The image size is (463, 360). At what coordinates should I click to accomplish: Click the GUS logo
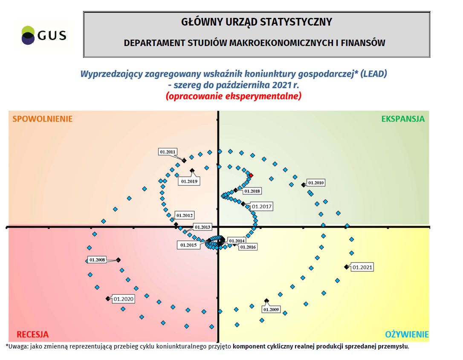pyautogui.click(x=43, y=35)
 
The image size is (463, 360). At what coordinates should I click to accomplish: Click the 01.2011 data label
pyautogui.click(x=168, y=152)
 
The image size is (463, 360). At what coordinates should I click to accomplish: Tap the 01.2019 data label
pyautogui.click(x=189, y=181)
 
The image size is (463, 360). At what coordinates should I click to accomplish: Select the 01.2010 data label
pyautogui.click(x=316, y=183)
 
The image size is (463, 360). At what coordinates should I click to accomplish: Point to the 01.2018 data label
pyautogui.click(x=252, y=191)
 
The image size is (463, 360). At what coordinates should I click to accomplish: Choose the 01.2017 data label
pyautogui.click(x=261, y=207)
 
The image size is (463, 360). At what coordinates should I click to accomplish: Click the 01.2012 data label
pyautogui.click(x=185, y=216)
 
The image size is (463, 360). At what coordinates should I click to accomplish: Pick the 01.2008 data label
pyautogui.click(x=97, y=260)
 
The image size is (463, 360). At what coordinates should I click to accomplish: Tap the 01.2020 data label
pyautogui.click(x=124, y=299)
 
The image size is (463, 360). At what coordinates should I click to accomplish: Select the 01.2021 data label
pyautogui.click(x=362, y=268)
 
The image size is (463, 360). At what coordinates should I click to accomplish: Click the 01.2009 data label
pyautogui.click(x=271, y=310)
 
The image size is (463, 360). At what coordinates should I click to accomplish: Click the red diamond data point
pyautogui.click(x=251, y=176)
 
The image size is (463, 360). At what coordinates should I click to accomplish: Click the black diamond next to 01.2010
pyautogui.click(x=303, y=184)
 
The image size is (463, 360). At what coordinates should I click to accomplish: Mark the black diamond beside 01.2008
pyautogui.click(x=119, y=260)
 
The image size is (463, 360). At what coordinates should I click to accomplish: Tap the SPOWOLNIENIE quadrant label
pyautogui.click(x=42, y=119)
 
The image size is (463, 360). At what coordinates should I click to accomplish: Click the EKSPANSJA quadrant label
pyautogui.click(x=403, y=119)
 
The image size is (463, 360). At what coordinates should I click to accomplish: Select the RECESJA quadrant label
pyautogui.click(x=32, y=334)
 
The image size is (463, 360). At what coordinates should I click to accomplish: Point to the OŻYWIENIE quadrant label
pyautogui.click(x=407, y=334)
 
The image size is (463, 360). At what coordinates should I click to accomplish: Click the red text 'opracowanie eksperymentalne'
pyautogui.click(x=233, y=96)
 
